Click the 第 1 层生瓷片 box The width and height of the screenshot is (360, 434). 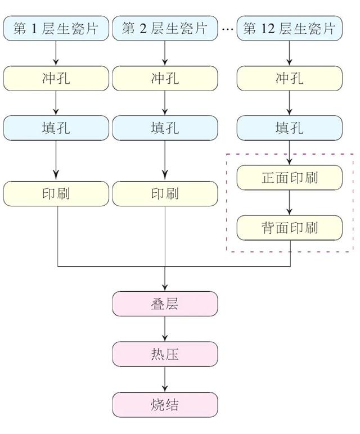(x=56, y=29)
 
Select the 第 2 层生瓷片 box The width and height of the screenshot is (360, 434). (x=165, y=29)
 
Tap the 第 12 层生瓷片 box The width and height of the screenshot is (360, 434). (x=289, y=29)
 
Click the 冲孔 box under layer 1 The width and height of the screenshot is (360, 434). (x=56, y=78)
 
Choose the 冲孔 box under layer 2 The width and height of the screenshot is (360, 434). (x=165, y=78)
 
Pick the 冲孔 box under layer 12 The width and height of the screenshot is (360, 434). (x=289, y=78)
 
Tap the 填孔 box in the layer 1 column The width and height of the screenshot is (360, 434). (x=56, y=128)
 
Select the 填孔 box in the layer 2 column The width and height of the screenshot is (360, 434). (x=165, y=128)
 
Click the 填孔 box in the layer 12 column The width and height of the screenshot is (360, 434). (x=289, y=128)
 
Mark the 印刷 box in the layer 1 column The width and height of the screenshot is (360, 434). (x=56, y=193)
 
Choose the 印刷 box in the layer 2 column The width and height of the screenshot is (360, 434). (x=165, y=193)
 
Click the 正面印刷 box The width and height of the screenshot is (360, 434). (x=289, y=178)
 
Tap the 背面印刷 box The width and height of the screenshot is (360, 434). (x=289, y=227)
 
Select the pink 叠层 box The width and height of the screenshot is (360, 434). (x=165, y=304)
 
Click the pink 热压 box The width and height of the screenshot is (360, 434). (x=165, y=354)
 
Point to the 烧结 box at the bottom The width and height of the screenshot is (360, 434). (x=165, y=404)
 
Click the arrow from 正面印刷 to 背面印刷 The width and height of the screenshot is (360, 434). (x=289, y=202)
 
